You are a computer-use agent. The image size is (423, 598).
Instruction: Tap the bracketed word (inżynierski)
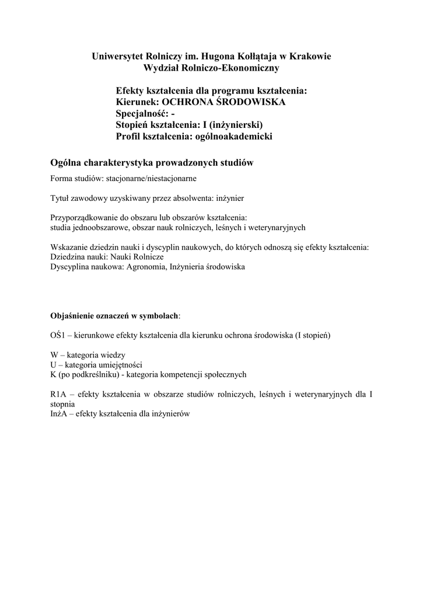point(237,125)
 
